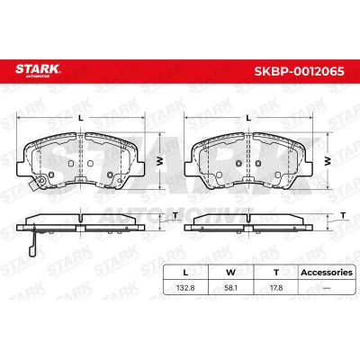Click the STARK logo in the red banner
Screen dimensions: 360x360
[38, 70]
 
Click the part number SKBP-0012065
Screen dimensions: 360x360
[299, 71]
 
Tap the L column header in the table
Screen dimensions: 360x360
[185, 273]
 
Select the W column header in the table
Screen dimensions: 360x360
[230, 273]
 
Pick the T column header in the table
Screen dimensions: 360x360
[276, 273]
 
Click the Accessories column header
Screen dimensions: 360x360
[327, 273]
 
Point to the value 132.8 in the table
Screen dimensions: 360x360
[185, 288]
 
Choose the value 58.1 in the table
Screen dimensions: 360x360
[230, 288]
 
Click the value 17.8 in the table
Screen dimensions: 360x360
[276, 288]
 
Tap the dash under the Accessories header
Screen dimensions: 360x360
[327, 288]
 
